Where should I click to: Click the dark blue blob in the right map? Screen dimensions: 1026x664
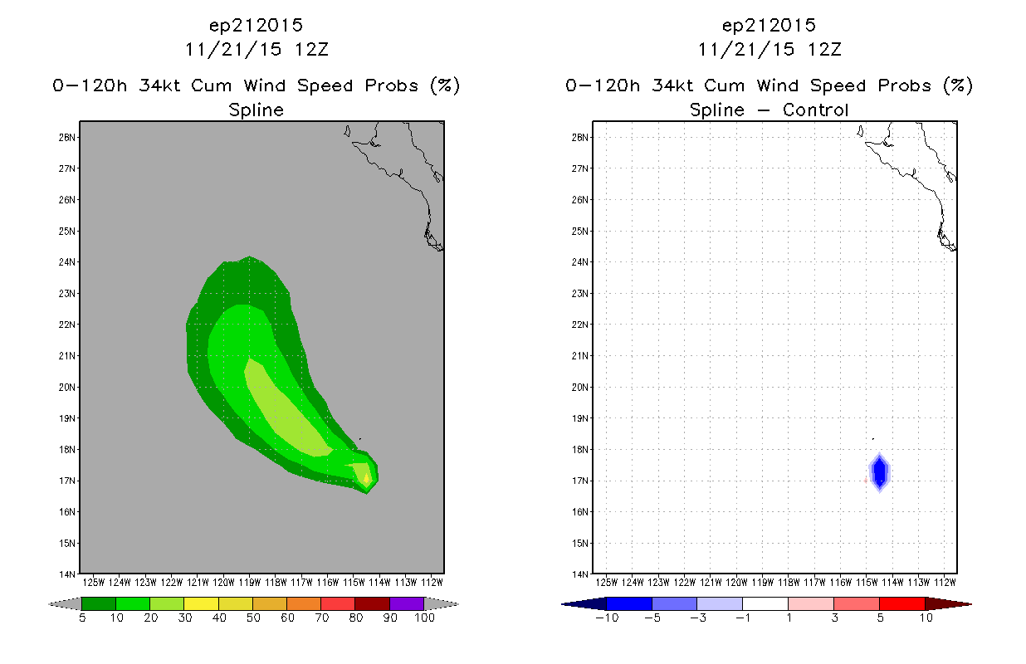click(x=879, y=471)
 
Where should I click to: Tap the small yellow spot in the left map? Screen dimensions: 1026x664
click(x=366, y=478)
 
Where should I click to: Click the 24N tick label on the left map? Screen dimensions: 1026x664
click(x=66, y=262)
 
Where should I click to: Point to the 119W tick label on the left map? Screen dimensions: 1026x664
click(x=250, y=583)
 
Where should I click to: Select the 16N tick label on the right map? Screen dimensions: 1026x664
click(x=579, y=512)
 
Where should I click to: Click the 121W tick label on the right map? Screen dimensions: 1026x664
click(x=711, y=583)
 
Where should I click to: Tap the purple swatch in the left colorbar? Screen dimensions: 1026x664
click(x=407, y=603)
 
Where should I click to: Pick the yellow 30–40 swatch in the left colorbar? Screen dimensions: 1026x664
click(x=201, y=603)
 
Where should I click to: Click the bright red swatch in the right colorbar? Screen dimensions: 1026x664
click(x=902, y=603)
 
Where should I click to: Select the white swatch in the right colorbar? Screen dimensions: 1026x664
click(x=765, y=603)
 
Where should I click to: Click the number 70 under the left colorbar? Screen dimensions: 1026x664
click(x=321, y=618)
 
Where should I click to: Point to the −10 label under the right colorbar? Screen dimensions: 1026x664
click(x=607, y=618)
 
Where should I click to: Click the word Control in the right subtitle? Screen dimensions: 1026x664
click(x=815, y=110)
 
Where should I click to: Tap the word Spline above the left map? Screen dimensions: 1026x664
click(x=256, y=110)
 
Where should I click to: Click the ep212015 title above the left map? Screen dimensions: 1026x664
click(x=256, y=25)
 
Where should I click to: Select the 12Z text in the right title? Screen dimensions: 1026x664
click(x=824, y=50)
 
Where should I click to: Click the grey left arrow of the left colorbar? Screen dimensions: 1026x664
click(x=65, y=604)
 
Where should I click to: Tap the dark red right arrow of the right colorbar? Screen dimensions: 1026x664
click(x=948, y=604)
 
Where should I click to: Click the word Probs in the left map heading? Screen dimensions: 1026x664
click(x=392, y=85)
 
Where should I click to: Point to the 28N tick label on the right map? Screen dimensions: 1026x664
click(x=579, y=138)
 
